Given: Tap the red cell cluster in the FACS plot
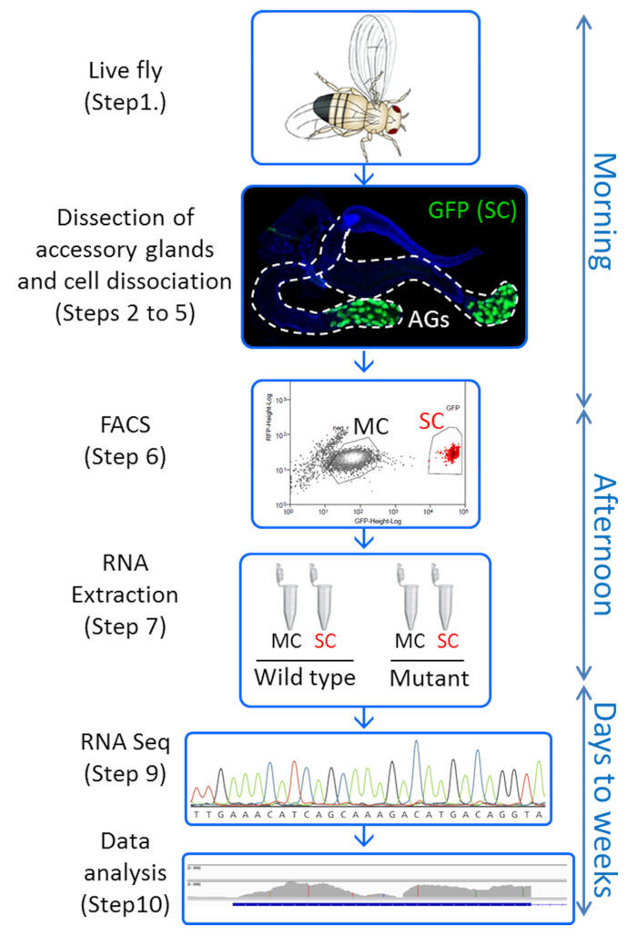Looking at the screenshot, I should click(x=448, y=451).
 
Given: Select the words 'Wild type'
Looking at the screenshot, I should click(x=305, y=679).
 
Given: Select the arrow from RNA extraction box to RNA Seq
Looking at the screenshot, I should click(x=364, y=717).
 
